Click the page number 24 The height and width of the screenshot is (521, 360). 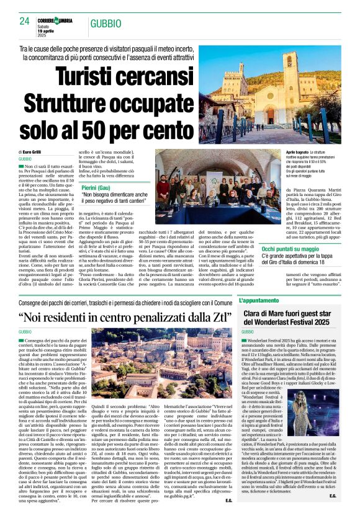tap(25, 21)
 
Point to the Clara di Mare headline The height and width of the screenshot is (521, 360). tap(291, 318)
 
